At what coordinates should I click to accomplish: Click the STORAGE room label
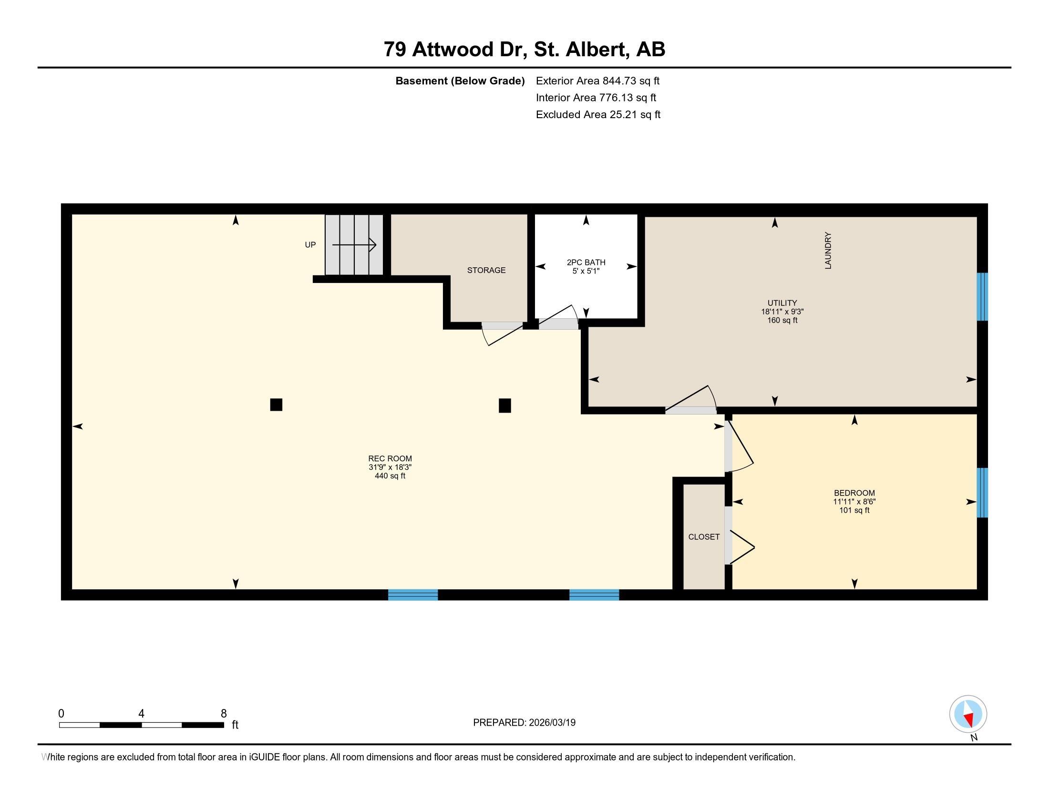click(x=486, y=270)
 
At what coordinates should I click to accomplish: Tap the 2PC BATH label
click(x=586, y=263)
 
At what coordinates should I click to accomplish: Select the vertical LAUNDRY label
click(x=828, y=251)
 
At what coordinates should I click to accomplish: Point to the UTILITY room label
click(x=782, y=303)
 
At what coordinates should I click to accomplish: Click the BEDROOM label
click(x=854, y=493)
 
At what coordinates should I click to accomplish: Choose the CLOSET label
click(x=704, y=537)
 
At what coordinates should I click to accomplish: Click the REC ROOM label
click(x=390, y=458)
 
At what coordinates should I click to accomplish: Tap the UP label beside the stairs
click(x=310, y=245)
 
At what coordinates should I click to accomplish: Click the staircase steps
click(x=354, y=245)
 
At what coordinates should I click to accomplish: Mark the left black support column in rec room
click(x=276, y=405)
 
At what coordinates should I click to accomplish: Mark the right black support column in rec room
click(x=505, y=405)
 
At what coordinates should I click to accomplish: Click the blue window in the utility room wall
click(x=982, y=296)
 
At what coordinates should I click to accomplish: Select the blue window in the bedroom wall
click(x=982, y=492)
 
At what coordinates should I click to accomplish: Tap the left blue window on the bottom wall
click(x=413, y=595)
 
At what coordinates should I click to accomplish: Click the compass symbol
click(x=968, y=714)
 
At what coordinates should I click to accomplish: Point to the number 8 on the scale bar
click(x=223, y=714)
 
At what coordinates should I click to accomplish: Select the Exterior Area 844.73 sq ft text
click(x=597, y=81)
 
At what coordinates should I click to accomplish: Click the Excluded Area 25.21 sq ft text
click(x=598, y=114)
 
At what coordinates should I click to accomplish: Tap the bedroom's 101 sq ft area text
click(x=854, y=510)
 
